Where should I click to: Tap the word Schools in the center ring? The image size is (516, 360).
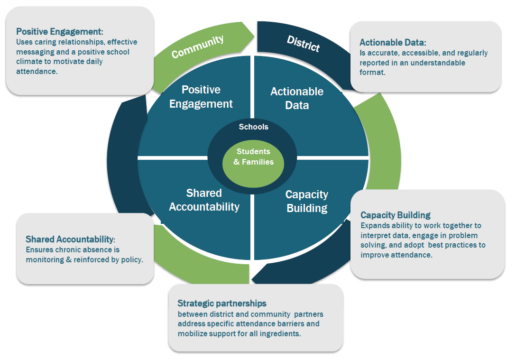253,127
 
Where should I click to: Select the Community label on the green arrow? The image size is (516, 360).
197,46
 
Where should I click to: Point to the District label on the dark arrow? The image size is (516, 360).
303,44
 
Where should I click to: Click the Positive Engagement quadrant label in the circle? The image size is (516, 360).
201,97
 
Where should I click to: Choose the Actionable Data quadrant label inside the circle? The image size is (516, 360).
297,98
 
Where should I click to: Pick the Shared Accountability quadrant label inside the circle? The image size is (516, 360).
204,200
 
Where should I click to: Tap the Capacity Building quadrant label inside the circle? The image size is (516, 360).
306,201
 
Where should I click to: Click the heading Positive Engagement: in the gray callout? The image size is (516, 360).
60,32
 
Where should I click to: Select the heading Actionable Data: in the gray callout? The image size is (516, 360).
393,43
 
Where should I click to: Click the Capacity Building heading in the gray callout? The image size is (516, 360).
396,215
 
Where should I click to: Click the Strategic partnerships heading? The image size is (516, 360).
222,303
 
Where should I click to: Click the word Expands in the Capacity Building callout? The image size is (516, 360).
374,225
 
